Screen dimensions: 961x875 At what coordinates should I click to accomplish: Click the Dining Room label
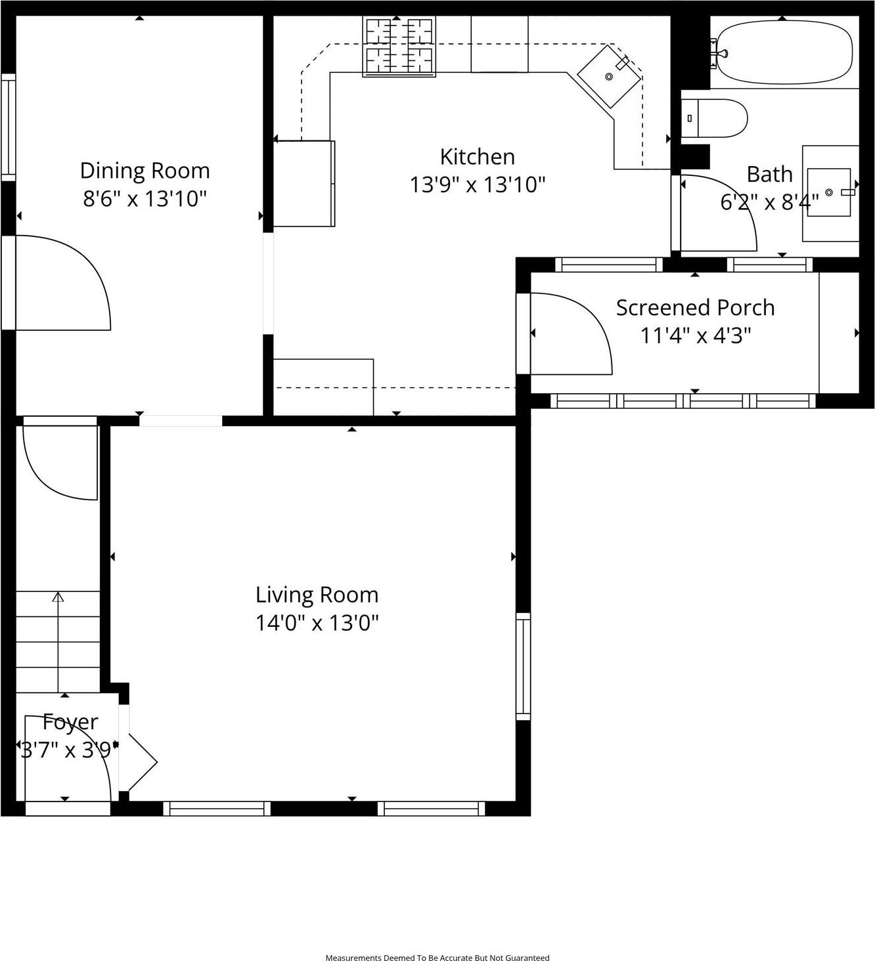tap(145, 171)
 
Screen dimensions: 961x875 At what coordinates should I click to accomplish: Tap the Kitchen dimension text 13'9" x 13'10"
tap(478, 185)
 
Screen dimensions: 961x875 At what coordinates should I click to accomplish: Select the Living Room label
tap(317, 595)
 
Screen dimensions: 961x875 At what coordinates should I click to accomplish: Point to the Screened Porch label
tap(695, 308)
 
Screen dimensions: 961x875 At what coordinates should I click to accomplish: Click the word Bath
tap(769, 175)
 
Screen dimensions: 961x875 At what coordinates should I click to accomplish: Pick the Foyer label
tap(70, 722)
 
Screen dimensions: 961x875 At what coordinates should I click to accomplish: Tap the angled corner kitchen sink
tap(609, 76)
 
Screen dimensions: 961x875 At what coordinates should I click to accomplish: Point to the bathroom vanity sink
tap(830, 193)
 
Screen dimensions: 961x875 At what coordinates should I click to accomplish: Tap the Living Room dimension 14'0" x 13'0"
tap(317, 622)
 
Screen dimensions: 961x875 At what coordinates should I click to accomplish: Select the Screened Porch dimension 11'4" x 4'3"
tap(695, 335)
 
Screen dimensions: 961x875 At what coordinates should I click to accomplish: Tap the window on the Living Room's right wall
tap(523, 666)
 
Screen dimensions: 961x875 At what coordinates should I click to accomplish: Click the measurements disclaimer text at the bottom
tap(437, 958)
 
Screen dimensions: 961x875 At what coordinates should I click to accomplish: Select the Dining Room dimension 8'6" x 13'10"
tap(145, 198)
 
